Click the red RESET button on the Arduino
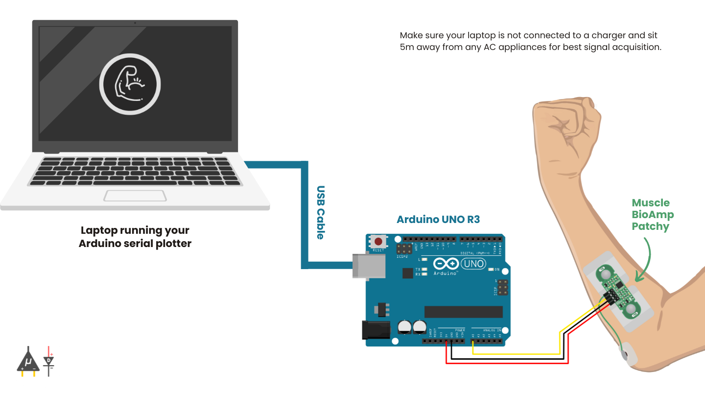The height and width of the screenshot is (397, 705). pos(378,242)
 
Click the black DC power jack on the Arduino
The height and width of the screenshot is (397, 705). pos(376,330)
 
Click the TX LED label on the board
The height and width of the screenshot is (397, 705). pos(418,270)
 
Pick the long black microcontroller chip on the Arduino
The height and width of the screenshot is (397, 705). pos(463,312)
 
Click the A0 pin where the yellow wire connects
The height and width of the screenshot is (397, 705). pos(473,341)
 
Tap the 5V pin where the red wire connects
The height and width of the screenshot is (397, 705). pos(446,341)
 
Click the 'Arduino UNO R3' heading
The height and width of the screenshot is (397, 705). pos(438,220)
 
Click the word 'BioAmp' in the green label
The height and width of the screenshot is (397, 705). pos(653,215)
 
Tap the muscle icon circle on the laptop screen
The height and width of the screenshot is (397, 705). pos(130,84)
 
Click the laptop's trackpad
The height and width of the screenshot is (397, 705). pos(135,196)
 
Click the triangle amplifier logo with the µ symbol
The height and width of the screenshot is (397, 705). pos(28,362)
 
